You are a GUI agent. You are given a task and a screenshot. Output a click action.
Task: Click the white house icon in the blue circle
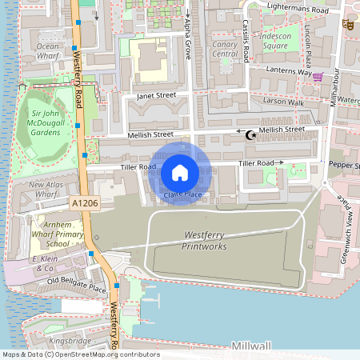[x=180, y=172]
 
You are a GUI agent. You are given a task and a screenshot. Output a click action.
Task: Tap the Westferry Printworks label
[x=206, y=241]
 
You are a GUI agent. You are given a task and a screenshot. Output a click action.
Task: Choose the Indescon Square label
[x=286, y=41]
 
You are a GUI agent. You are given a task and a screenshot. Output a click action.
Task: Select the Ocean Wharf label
[x=53, y=52]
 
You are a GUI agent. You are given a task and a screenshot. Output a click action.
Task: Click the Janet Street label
[x=155, y=96]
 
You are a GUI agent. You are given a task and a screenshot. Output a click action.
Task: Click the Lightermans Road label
[x=298, y=10]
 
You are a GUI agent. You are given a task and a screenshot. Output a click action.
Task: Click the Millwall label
[x=251, y=346]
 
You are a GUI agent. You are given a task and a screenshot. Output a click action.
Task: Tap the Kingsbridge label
[x=69, y=340]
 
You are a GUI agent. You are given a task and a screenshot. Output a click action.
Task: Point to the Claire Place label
[x=182, y=194]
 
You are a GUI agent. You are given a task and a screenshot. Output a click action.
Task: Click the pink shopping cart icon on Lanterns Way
[x=318, y=77]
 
